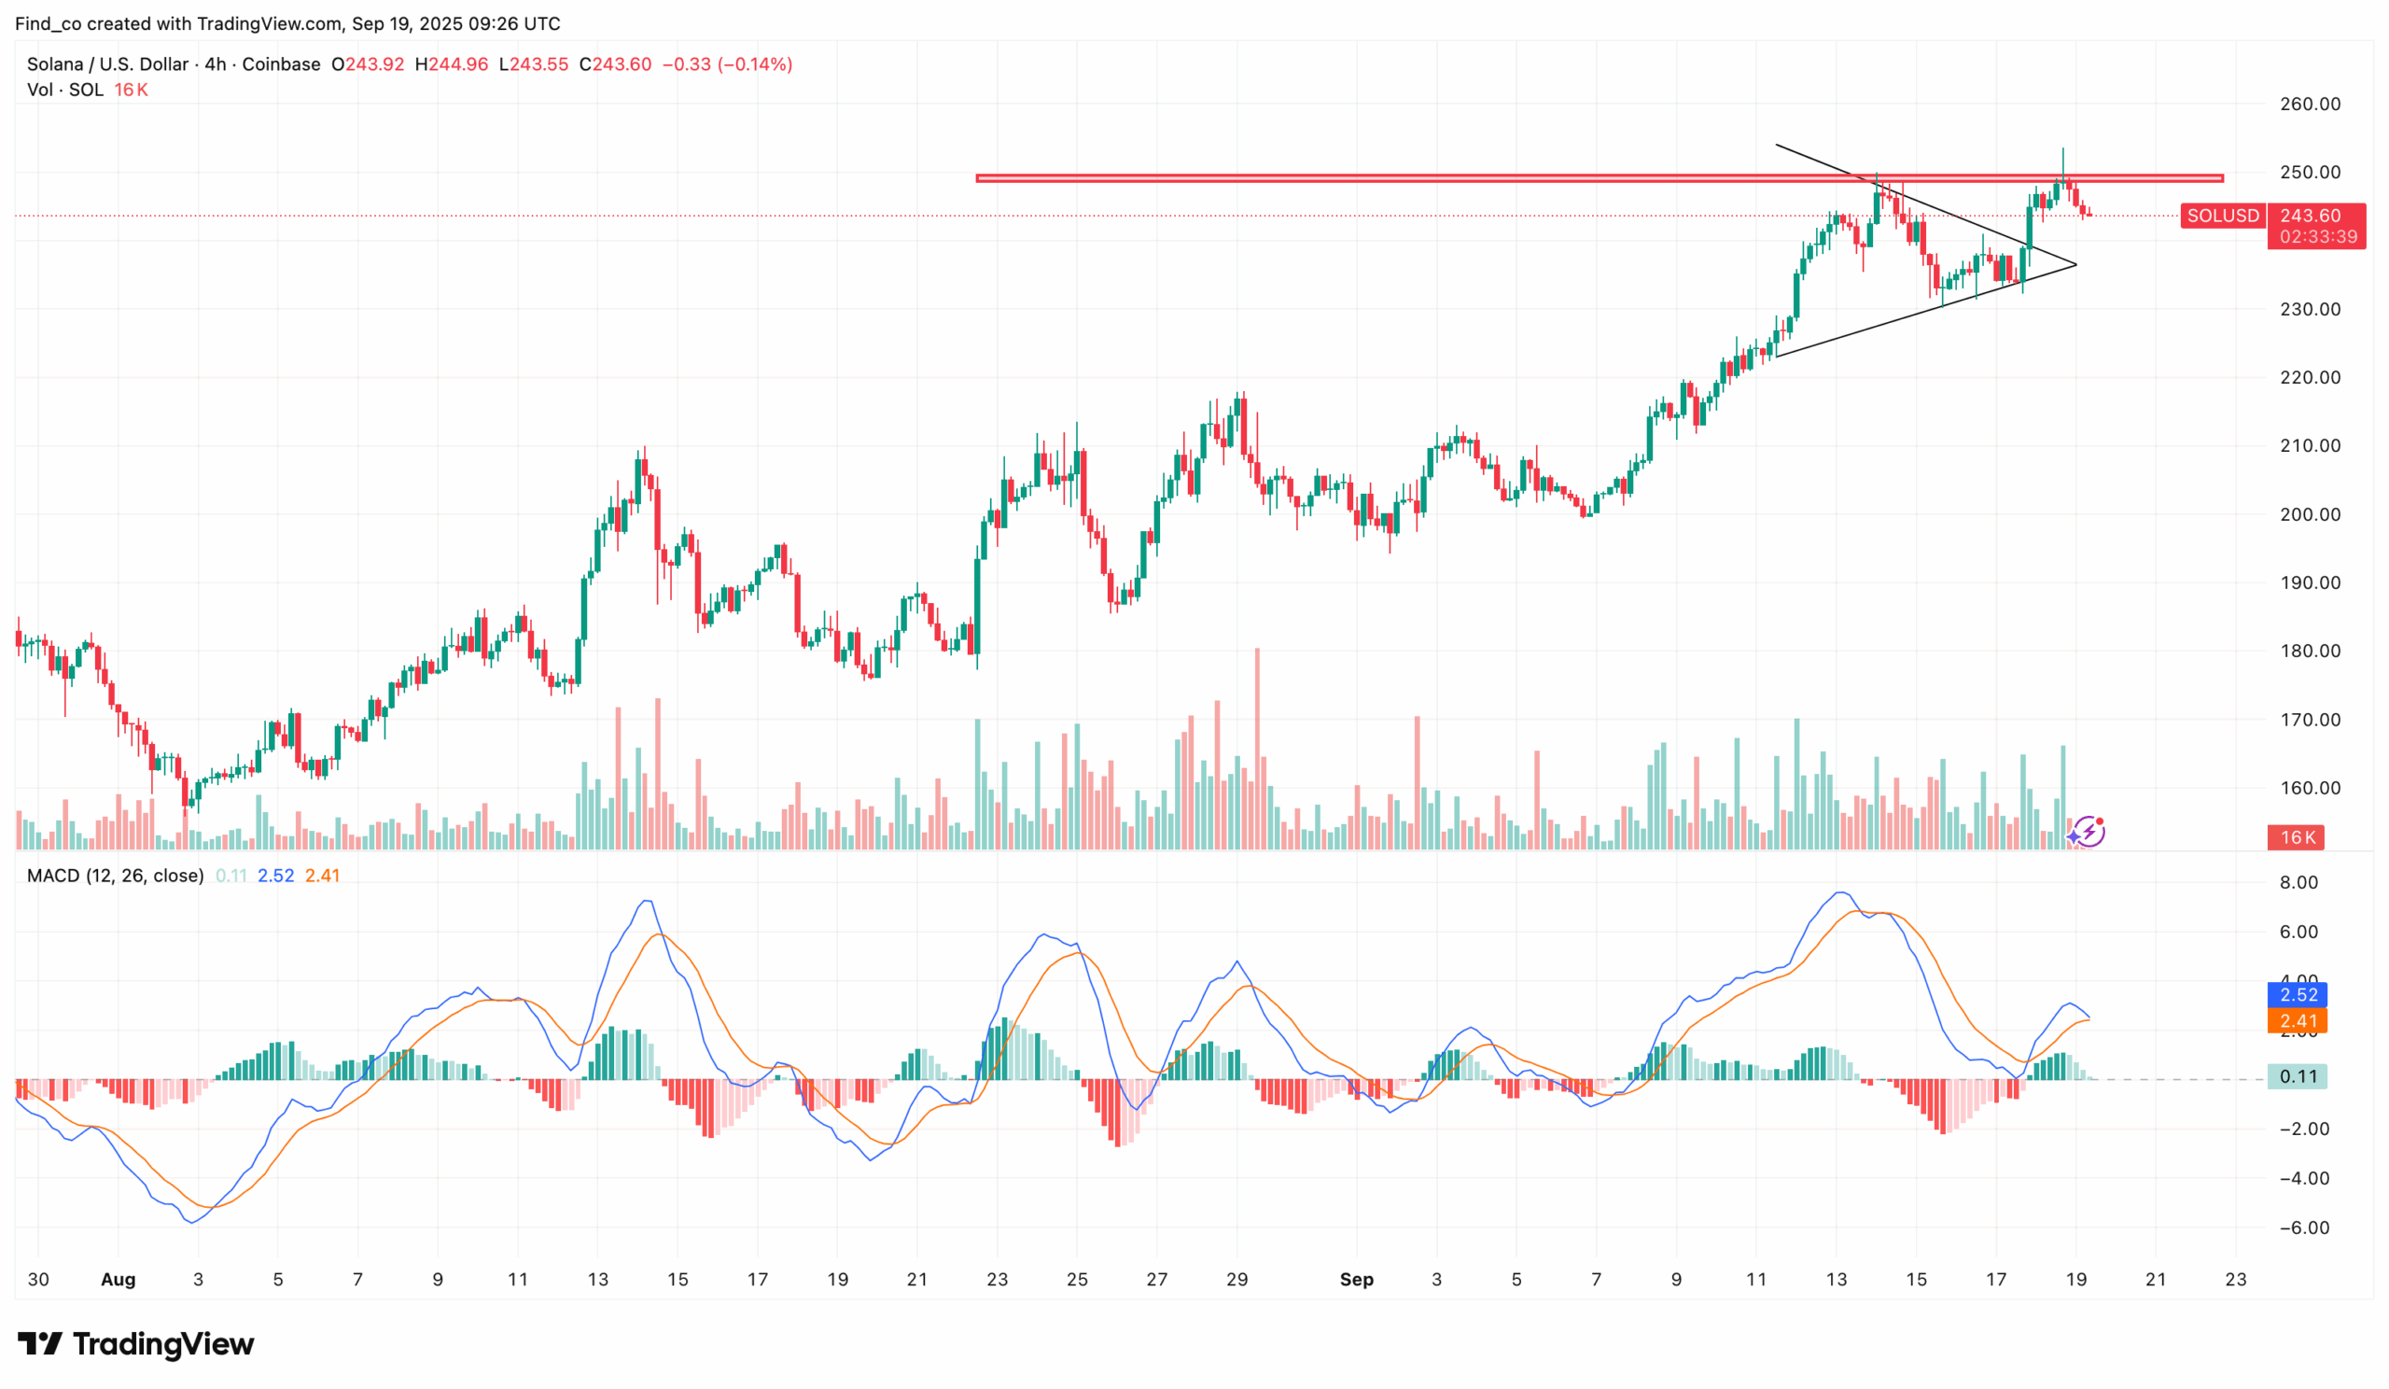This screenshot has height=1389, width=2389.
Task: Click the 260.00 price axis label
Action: click(x=2310, y=105)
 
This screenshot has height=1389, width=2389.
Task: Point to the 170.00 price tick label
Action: click(x=2310, y=720)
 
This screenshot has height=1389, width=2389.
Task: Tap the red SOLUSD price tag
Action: click(x=2222, y=217)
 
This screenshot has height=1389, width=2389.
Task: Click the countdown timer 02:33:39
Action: click(x=2318, y=237)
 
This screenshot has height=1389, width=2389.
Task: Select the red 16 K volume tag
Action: click(x=2297, y=837)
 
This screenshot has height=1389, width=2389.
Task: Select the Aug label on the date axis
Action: click(x=118, y=1279)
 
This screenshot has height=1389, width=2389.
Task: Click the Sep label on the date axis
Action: click(x=1356, y=1279)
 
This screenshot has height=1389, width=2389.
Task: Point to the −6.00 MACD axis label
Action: click(x=2304, y=1228)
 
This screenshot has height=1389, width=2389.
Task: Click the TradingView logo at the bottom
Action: click(x=136, y=1343)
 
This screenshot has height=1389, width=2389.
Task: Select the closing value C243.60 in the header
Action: click(x=615, y=64)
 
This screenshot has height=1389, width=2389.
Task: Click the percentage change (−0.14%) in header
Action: click(x=755, y=64)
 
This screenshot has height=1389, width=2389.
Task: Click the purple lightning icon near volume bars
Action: click(x=2087, y=832)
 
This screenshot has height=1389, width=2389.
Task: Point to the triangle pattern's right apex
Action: click(x=2075, y=264)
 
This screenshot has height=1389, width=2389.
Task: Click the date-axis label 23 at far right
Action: click(x=2235, y=1279)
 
